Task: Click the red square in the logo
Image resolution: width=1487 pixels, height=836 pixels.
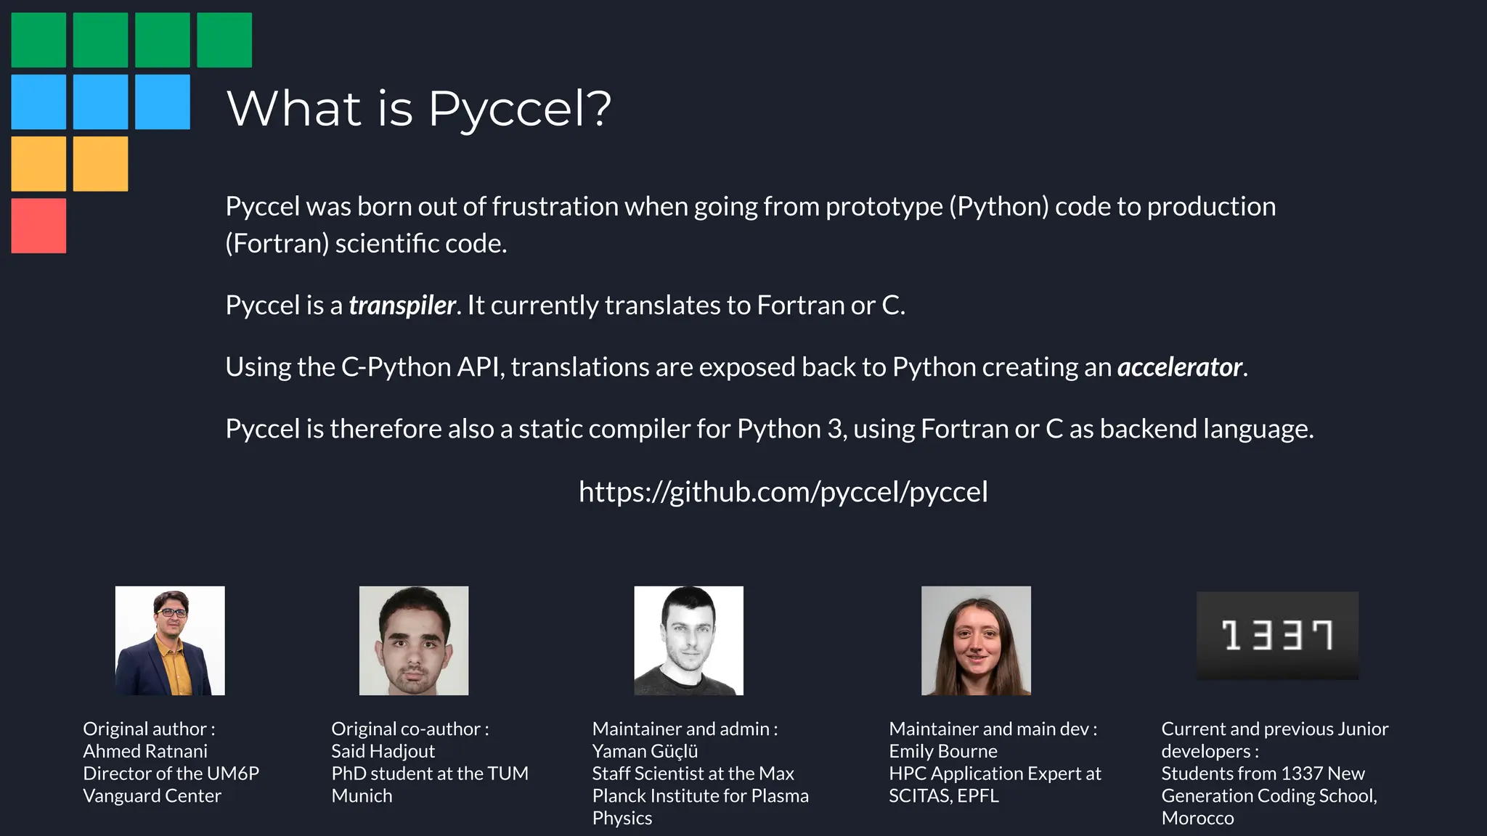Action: pyautogui.click(x=38, y=226)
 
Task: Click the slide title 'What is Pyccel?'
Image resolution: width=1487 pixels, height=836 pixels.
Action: pyautogui.click(x=419, y=109)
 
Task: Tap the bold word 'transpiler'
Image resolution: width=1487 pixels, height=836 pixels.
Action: pyautogui.click(x=402, y=306)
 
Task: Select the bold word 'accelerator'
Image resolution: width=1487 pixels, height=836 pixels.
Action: pyautogui.click(x=1180, y=367)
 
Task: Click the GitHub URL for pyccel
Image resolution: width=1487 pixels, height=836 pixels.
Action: pyautogui.click(x=783, y=492)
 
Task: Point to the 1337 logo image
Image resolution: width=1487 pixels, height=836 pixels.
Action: pyautogui.click(x=1277, y=636)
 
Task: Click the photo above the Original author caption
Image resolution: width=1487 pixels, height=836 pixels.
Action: pyautogui.click(x=170, y=641)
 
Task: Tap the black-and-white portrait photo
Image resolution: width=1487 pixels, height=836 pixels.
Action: pyautogui.click(x=688, y=641)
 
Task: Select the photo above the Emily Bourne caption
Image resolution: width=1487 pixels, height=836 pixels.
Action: pyautogui.click(x=976, y=641)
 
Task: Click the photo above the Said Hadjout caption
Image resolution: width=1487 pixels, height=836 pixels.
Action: pyautogui.click(x=414, y=641)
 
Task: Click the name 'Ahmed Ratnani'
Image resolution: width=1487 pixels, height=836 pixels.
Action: pyautogui.click(x=145, y=751)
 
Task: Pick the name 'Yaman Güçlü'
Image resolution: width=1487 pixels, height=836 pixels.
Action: pyautogui.click(x=645, y=751)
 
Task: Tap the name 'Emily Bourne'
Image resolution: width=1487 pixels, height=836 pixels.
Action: pyautogui.click(x=943, y=751)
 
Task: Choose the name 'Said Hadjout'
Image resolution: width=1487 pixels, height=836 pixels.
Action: pyautogui.click(x=383, y=751)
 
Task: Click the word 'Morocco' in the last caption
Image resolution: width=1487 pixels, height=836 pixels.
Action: pyautogui.click(x=1197, y=818)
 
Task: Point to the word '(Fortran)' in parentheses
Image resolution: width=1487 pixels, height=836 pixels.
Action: pyautogui.click(x=277, y=244)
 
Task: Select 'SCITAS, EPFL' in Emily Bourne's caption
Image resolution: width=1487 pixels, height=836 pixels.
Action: pyautogui.click(x=944, y=796)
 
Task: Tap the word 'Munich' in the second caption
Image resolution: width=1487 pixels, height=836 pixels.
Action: pyautogui.click(x=362, y=796)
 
